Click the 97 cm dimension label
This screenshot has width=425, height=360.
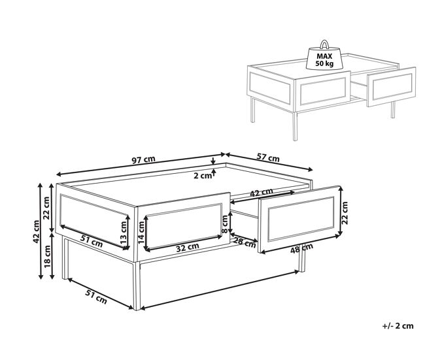pyautogui.click(x=144, y=159)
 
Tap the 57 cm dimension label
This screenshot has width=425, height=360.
pyautogui.click(x=268, y=157)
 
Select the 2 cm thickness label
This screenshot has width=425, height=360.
pyautogui.click(x=202, y=176)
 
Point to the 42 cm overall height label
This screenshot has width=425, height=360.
pyautogui.click(x=37, y=231)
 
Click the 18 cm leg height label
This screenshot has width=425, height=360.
pyautogui.click(x=48, y=257)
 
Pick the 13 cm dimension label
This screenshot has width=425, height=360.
pyautogui.click(x=124, y=233)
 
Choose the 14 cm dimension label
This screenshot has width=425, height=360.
pyautogui.click(x=141, y=233)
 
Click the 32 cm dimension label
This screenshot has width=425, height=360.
pyautogui.click(x=188, y=247)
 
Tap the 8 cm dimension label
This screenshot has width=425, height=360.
pyautogui.click(x=225, y=224)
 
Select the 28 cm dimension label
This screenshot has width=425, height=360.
pyautogui.click(x=245, y=242)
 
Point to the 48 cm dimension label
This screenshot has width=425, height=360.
pyautogui.click(x=301, y=249)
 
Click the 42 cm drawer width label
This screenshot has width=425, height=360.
pyautogui.click(x=262, y=193)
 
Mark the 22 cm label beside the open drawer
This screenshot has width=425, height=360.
pyautogui.click(x=345, y=213)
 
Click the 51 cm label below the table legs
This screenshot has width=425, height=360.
pyautogui.click(x=96, y=297)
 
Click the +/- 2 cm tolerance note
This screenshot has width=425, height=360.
pyautogui.click(x=398, y=326)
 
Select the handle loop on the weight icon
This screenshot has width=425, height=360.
pyautogui.click(x=324, y=44)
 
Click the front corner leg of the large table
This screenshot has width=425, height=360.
pyautogui.click(x=137, y=286)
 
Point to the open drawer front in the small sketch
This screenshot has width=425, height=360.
pyautogui.click(x=392, y=87)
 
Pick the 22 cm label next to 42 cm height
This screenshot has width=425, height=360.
pyautogui.click(x=46, y=208)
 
